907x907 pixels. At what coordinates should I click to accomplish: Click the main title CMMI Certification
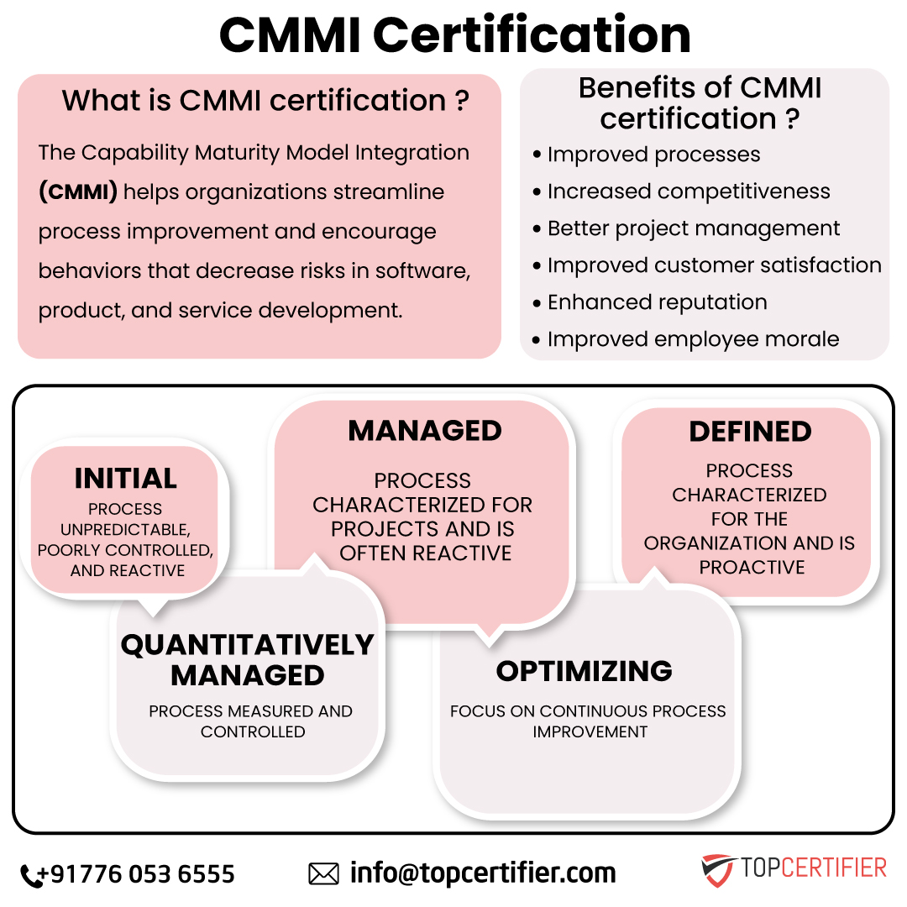tap(454, 35)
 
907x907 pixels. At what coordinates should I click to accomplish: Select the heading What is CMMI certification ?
tap(265, 101)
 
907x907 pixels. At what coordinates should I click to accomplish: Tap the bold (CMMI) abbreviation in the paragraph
tap(78, 192)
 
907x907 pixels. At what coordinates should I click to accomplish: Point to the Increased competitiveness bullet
tap(688, 191)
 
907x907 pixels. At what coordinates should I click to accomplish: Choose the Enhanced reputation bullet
tap(657, 302)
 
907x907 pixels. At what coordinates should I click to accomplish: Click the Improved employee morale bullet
tap(693, 339)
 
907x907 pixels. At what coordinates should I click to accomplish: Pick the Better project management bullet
tap(693, 228)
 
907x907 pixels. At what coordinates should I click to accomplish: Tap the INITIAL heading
tap(125, 479)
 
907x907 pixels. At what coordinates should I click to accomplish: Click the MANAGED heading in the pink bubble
tap(424, 431)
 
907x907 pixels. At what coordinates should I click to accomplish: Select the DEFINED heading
tap(750, 432)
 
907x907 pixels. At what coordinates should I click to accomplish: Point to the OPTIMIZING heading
tap(584, 671)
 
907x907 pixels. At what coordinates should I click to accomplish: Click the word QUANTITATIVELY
tap(247, 645)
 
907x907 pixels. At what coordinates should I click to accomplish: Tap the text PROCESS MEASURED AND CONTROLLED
tap(251, 721)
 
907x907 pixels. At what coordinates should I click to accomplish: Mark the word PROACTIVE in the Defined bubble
tap(752, 568)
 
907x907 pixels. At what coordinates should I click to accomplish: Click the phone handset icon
tap(30, 875)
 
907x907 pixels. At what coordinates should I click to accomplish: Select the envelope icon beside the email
tap(323, 873)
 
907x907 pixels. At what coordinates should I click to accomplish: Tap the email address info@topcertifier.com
tap(483, 873)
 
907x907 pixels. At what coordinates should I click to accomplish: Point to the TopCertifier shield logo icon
tap(717, 870)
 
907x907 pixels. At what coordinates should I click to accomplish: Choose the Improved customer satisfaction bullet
tap(714, 265)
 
